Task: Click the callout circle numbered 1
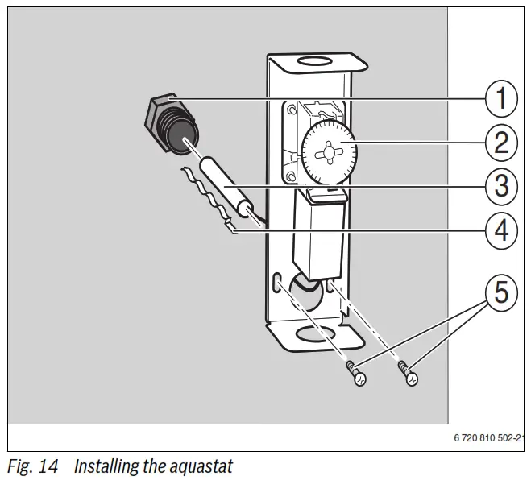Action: pyautogui.click(x=501, y=99)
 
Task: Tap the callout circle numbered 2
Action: pyautogui.click(x=501, y=143)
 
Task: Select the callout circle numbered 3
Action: pyautogui.click(x=501, y=187)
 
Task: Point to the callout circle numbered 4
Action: pyautogui.click(x=501, y=230)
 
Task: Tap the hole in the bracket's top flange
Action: pyautogui.click(x=312, y=60)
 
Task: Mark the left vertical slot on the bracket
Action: pyautogui.click(x=277, y=283)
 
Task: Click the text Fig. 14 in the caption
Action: pyautogui.click(x=32, y=466)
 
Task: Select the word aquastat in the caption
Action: pyautogui.click(x=201, y=466)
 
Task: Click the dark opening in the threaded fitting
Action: pyautogui.click(x=188, y=144)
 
